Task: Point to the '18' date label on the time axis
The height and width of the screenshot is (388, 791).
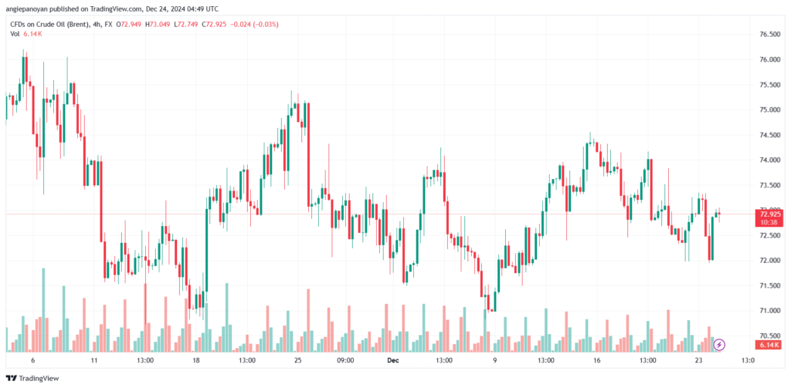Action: click(x=196, y=359)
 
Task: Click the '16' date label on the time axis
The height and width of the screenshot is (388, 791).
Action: click(x=596, y=359)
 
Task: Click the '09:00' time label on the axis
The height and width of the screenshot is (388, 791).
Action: click(x=345, y=359)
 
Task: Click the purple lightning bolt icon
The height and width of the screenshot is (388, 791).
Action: click(x=719, y=344)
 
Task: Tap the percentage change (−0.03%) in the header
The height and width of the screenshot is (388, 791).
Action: click(x=263, y=24)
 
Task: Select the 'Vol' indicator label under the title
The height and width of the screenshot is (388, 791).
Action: click(x=14, y=35)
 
